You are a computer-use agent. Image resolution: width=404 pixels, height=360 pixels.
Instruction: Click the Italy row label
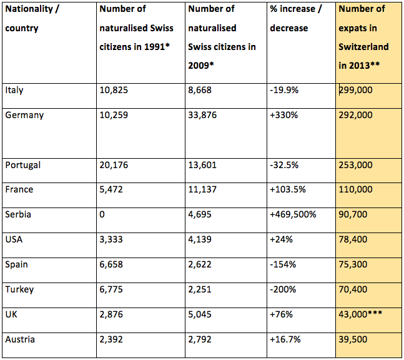click(14, 90)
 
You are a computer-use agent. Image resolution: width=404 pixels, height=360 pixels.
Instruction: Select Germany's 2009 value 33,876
click(202, 115)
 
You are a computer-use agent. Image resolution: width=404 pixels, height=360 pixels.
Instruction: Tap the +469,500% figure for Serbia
click(293, 214)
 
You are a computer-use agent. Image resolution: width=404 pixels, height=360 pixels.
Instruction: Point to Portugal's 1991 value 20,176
click(114, 165)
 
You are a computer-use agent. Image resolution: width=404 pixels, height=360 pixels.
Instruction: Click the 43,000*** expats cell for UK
click(360, 314)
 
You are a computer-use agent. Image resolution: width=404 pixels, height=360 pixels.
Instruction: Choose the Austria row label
click(20, 339)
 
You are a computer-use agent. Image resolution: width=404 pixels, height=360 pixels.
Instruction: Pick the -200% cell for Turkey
click(283, 289)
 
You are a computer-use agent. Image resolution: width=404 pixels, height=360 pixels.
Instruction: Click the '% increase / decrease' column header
click(296, 18)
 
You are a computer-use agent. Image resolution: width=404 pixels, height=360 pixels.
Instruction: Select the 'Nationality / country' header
click(32, 18)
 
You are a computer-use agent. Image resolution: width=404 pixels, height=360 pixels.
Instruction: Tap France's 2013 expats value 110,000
click(355, 189)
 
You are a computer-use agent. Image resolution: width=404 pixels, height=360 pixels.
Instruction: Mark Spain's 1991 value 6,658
click(111, 264)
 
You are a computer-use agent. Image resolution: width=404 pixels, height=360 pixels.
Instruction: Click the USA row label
click(14, 239)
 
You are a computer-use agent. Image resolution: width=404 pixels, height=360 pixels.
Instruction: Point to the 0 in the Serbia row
click(102, 214)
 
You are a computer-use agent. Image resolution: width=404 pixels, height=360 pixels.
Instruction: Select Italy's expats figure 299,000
click(355, 90)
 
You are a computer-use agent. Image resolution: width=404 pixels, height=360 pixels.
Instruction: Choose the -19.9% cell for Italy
click(284, 90)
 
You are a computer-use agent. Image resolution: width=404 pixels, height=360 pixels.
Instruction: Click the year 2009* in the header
click(201, 66)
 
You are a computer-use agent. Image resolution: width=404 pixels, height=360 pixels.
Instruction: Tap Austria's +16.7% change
click(285, 339)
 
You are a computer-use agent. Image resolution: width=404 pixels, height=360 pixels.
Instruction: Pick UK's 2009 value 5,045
click(200, 314)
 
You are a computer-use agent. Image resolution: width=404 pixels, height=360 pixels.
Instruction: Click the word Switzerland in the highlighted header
click(363, 47)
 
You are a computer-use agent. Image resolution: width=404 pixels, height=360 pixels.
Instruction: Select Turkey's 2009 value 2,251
click(200, 289)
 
